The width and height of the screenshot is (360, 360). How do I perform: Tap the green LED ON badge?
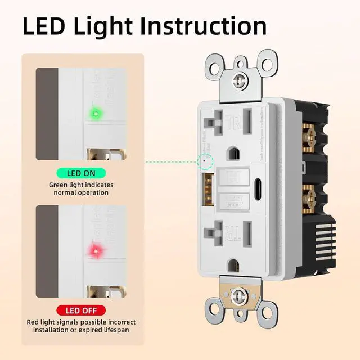(x=81, y=174)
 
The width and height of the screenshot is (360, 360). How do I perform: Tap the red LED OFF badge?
(x=81, y=310)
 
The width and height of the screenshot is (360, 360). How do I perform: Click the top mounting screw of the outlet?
(x=241, y=81)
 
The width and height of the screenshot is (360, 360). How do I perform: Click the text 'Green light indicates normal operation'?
(x=81, y=188)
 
